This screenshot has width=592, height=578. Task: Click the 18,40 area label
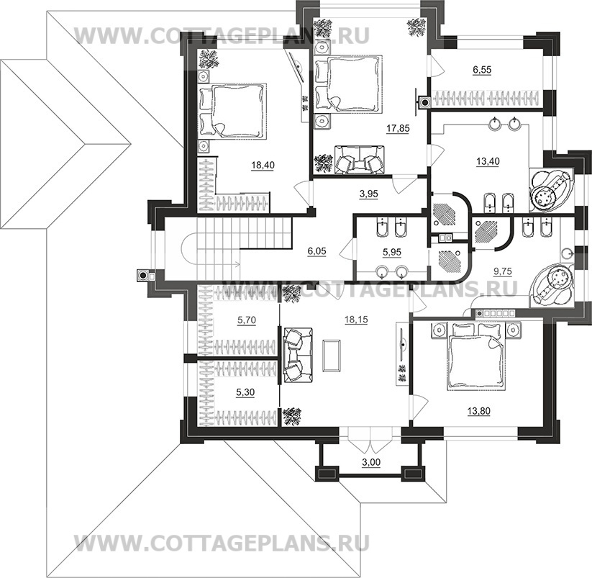[263, 165]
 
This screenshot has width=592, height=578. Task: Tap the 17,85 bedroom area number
[398, 128]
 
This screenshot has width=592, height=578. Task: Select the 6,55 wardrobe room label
[482, 70]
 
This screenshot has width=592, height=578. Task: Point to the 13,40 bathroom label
[488, 161]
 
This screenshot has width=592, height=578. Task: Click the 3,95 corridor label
[368, 194]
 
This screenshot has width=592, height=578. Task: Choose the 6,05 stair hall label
[317, 250]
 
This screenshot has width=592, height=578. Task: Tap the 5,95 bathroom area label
[392, 252]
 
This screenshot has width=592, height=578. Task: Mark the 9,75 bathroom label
[503, 271]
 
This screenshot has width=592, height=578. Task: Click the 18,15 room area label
[356, 320]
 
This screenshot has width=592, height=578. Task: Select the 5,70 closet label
[247, 320]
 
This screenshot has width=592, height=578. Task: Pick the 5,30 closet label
[245, 392]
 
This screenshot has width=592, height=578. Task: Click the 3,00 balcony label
[371, 462]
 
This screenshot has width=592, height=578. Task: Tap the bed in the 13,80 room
[476, 356]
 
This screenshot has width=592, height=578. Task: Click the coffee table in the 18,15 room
[332, 356]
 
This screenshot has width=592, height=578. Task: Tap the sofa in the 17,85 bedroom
[359, 161]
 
